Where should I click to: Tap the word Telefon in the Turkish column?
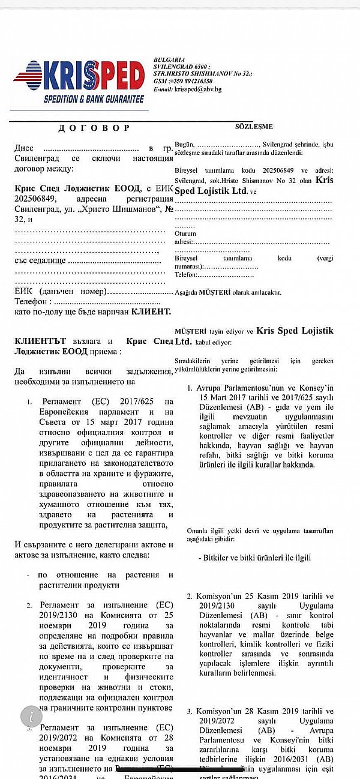(186, 274)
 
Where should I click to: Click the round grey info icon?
(31, 716)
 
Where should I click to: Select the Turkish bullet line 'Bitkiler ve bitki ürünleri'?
(254, 558)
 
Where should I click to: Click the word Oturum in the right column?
(185, 233)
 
